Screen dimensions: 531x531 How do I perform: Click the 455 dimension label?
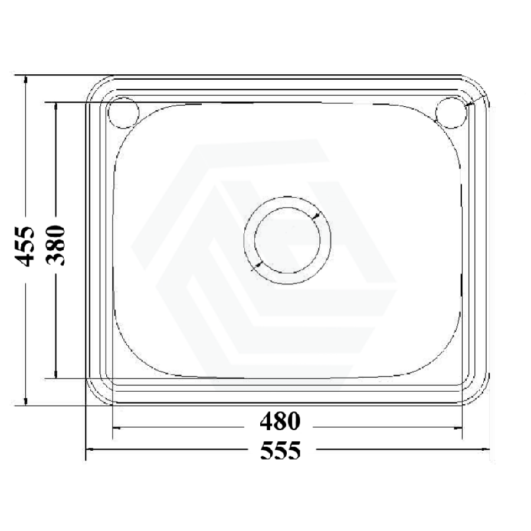(x=24, y=246)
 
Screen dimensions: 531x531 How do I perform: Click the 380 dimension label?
(x=55, y=245)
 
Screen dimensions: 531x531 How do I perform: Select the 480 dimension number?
(x=280, y=421)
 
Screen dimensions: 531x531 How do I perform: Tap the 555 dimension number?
(x=280, y=450)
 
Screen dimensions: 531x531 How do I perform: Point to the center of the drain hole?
(x=287, y=240)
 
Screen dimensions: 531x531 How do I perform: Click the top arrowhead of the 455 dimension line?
(x=25, y=80)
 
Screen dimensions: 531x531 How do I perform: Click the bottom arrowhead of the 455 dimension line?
(x=25, y=401)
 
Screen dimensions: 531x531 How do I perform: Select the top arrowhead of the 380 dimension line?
(x=56, y=107)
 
